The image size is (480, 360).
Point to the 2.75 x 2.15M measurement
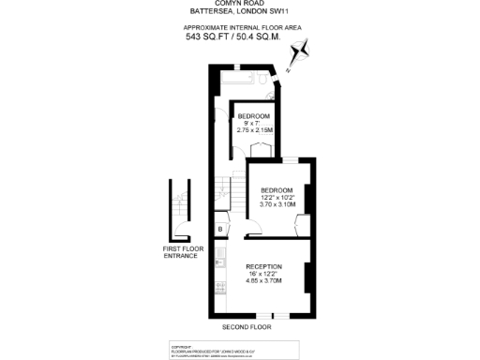(x=253, y=129)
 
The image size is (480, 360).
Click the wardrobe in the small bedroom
(x=263, y=148)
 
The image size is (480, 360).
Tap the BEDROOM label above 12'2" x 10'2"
(x=277, y=189)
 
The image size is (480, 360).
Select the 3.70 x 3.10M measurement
(x=277, y=203)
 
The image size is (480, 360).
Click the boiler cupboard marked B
(x=220, y=228)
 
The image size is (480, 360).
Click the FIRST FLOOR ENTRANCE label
(x=181, y=252)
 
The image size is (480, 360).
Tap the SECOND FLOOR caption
(x=247, y=327)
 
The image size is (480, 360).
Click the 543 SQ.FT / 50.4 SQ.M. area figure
(x=240, y=37)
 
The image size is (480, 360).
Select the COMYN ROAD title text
(x=240, y=4)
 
